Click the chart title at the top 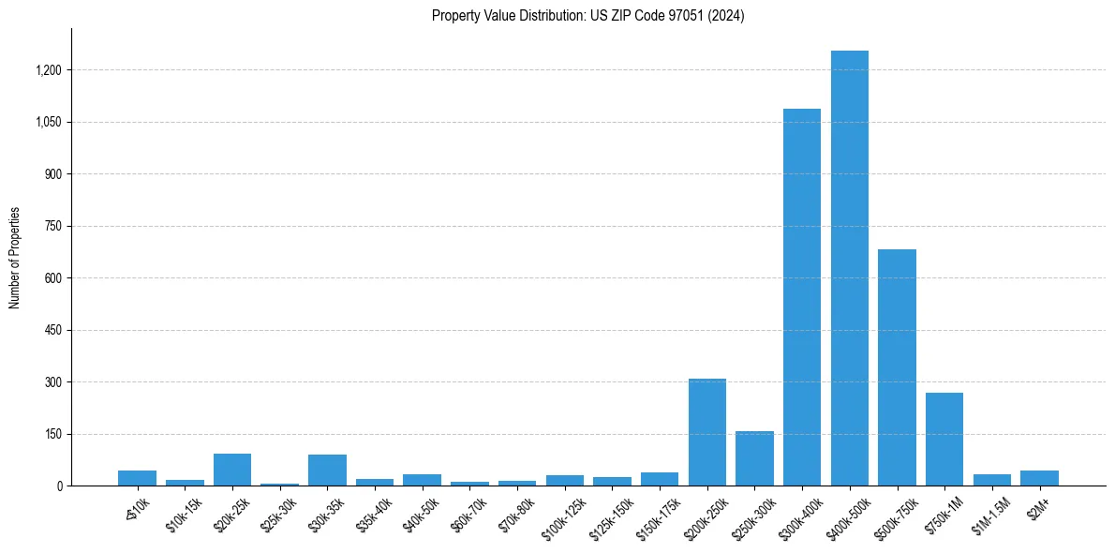tap(587, 16)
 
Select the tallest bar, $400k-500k tap(849, 268)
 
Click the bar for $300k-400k tap(802, 297)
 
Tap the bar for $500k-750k tap(897, 367)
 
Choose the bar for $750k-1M tap(944, 439)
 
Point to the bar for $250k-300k tap(754, 458)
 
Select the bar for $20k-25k tap(232, 470)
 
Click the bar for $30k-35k tap(327, 471)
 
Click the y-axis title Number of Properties tap(15, 258)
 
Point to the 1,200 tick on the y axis tap(49, 70)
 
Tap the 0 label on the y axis tap(58, 486)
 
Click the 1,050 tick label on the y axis tap(49, 122)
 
